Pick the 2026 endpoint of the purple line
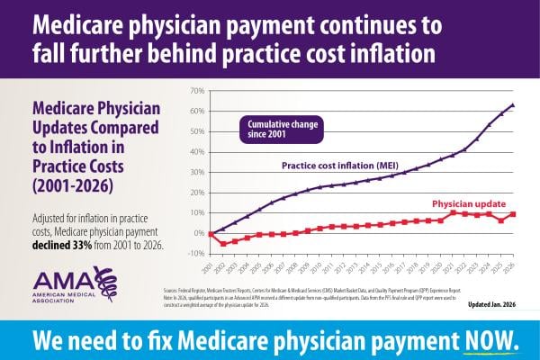point(513,105)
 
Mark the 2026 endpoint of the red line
point(513,214)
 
